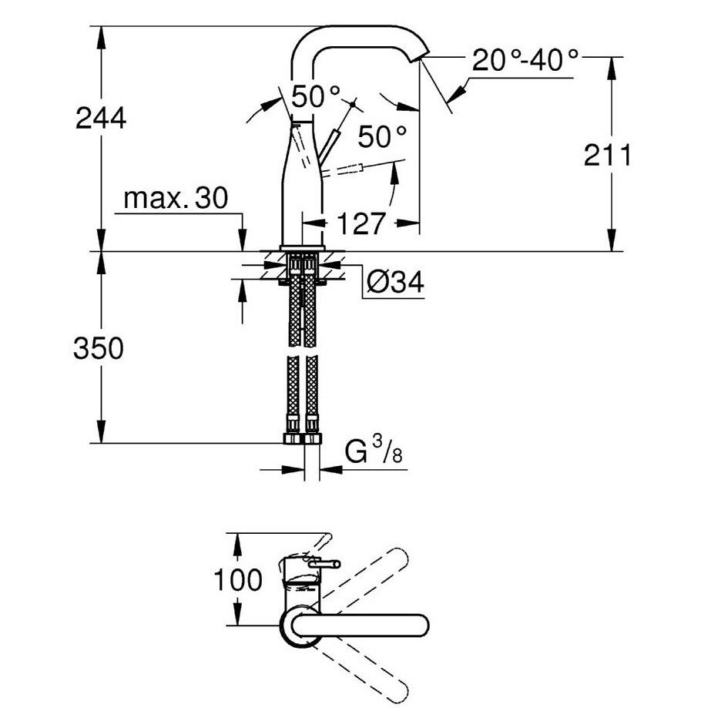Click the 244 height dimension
pyautogui.click(x=101, y=119)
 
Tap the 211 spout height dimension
pyautogui.click(x=607, y=155)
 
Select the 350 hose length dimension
pyautogui.click(x=99, y=348)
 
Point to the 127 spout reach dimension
pyautogui.click(x=361, y=223)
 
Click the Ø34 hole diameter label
pyautogui.click(x=395, y=283)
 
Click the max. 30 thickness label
pyautogui.click(x=176, y=198)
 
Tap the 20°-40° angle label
pyautogui.click(x=526, y=60)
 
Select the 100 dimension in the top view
pyautogui.click(x=237, y=579)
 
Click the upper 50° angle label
pyautogui.click(x=316, y=96)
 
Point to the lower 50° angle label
pyautogui.click(x=382, y=136)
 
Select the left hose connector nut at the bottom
pyautogui.click(x=293, y=438)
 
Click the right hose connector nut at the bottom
pyautogui.click(x=312, y=438)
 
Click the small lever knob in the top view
pyautogui.click(x=324, y=564)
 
